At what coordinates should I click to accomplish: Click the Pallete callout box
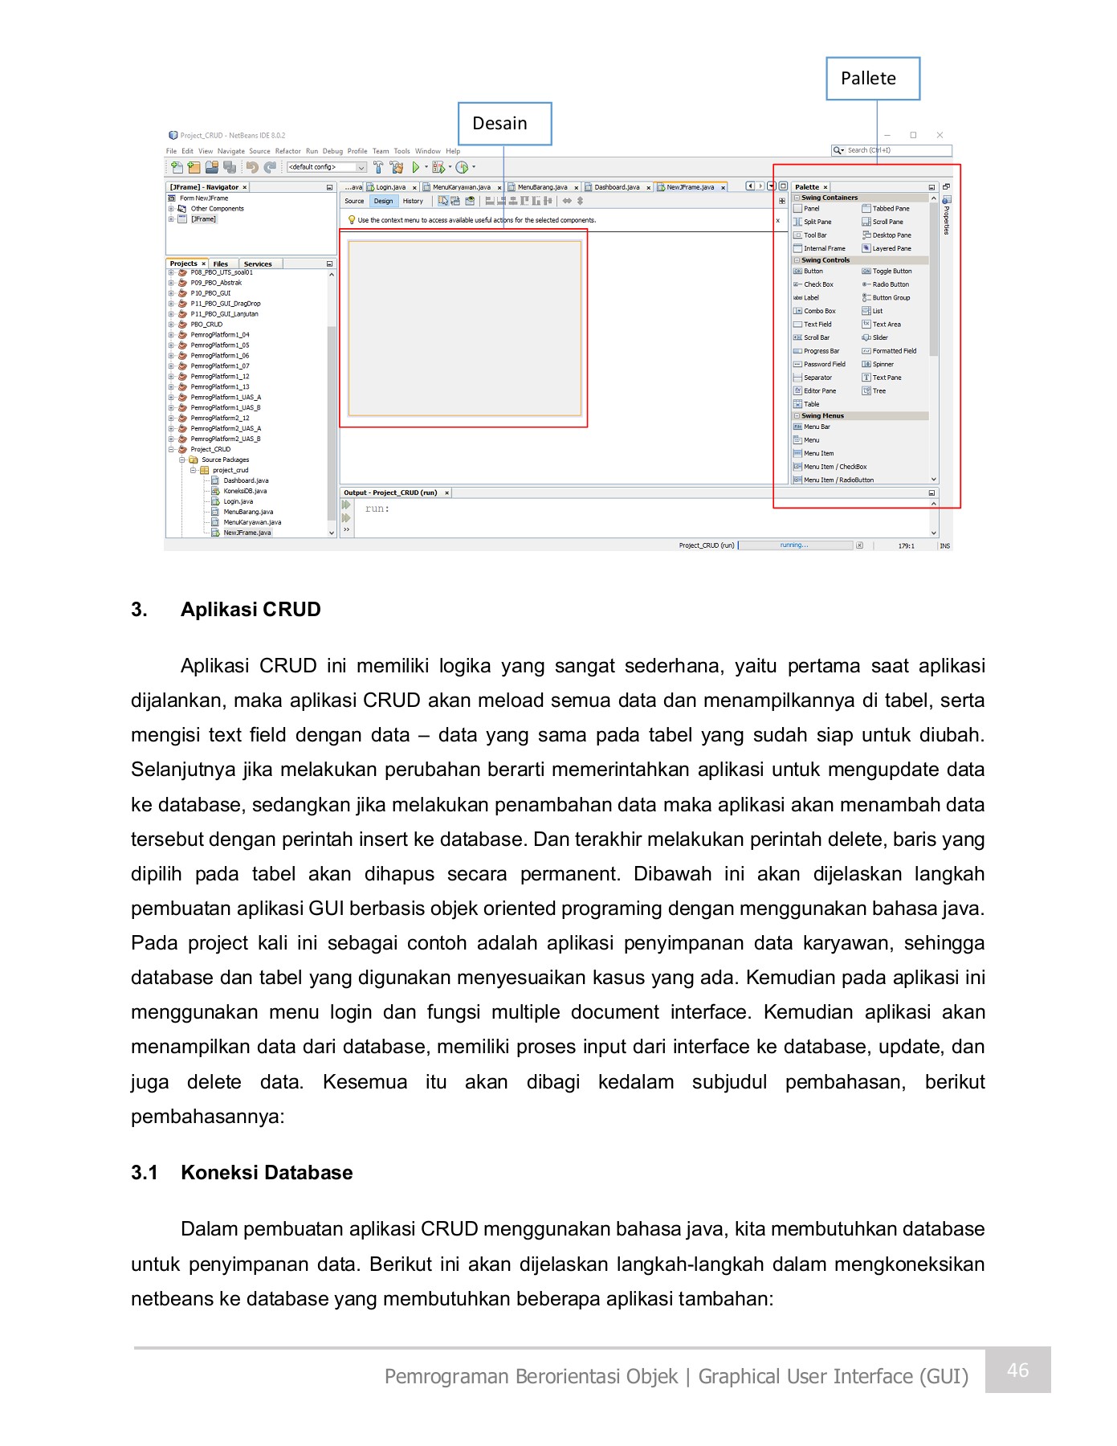pyautogui.click(x=872, y=79)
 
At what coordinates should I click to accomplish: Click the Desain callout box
pyautogui.click(x=504, y=124)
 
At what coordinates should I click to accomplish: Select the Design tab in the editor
pyautogui.click(x=383, y=201)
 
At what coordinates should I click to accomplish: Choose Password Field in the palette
pyautogui.click(x=824, y=365)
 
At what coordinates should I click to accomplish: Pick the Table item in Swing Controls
pyautogui.click(x=811, y=404)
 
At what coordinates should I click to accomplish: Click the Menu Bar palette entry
pyautogui.click(x=817, y=427)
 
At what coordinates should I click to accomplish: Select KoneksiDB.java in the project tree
pyautogui.click(x=245, y=491)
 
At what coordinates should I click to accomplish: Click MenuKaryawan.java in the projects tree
pyautogui.click(x=251, y=522)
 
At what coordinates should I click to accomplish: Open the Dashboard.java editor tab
pyautogui.click(x=616, y=187)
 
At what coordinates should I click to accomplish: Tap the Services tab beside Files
pyautogui.click(x=258, y=263)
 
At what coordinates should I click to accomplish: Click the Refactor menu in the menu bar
pyautogui.click(x=287, y=151)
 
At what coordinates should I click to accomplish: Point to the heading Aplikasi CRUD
pyautogui.click(x=251, y=610)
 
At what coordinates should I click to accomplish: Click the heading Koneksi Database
pyautogui.click(x=267, y=1173)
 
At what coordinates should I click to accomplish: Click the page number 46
pyautogui.click(x=1017, y=1370)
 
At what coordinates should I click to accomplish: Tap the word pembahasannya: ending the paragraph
pyautogui.click(x=208, y=1117)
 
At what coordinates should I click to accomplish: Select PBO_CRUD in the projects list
pyautogui.click(x=206, y=325)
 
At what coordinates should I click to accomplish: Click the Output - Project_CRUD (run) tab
pyautogui.click(x=390, y=492)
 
